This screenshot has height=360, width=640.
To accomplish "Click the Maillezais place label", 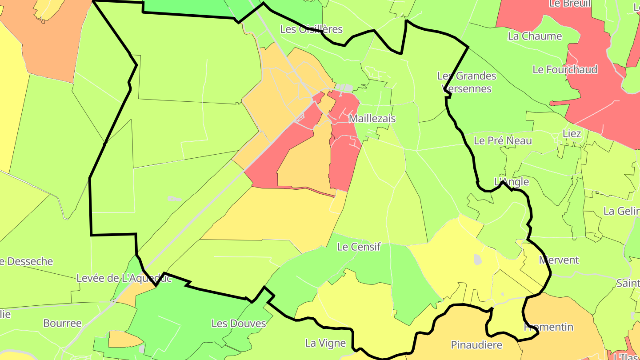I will pos(372,119).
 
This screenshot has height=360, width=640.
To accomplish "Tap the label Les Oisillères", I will pos(311,29).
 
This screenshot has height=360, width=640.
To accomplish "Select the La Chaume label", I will pos(535,36).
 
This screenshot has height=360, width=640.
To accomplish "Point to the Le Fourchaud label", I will pos(565,69).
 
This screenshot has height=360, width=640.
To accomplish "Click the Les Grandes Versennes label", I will pos(466,82).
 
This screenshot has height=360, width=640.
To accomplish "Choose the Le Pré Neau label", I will pos(503,140).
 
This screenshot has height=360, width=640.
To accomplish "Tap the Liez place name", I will pos(572,133).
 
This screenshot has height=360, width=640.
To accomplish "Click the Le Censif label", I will pos(359,247).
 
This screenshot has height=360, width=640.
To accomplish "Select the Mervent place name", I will pos(559,260).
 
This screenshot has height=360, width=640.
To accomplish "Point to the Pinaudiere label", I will pos(476,345).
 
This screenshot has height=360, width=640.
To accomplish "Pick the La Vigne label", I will pos(325,343).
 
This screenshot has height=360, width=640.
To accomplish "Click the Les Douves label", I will pos(239,323).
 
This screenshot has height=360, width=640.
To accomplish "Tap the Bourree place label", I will pos(62,323).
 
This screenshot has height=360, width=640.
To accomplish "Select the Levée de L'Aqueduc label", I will pos(124,278).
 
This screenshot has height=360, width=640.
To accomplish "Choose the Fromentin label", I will pos(549,327).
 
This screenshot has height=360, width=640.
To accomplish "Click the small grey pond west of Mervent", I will pos(478,260).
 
